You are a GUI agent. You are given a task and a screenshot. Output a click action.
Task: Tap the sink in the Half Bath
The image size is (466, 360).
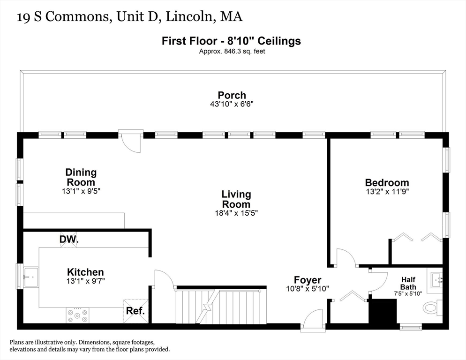tap(436, 281)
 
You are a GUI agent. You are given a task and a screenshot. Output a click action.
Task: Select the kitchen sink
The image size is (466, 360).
tap(31, 277)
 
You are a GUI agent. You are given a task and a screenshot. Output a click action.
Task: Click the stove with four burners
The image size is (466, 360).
tap(77, 315)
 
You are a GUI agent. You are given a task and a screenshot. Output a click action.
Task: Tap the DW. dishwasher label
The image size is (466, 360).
tap(69, 240)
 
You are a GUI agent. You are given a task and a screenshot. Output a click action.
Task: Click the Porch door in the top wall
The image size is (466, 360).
tap(130, 141)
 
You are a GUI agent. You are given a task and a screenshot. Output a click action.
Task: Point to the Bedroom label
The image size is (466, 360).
tap(387, 182)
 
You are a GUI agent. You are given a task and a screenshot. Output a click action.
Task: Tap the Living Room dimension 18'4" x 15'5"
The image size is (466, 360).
tap(233, 213)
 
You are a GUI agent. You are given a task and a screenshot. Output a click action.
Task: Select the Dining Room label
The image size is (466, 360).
tap(81, 177)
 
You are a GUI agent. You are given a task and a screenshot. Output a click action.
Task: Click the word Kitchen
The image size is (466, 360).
tap(85, 272)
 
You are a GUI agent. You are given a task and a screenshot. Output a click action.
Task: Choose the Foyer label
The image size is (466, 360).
tap(308, 280)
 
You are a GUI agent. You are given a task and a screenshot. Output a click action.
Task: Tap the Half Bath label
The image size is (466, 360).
tap(408, 283)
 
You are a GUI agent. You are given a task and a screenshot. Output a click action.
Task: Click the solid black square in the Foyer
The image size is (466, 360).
tap(383, 311)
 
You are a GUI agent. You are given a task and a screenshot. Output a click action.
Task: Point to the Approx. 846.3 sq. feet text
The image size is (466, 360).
tap(232, 51)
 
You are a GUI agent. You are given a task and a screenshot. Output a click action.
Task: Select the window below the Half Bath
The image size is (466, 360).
tap(411, 326)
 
